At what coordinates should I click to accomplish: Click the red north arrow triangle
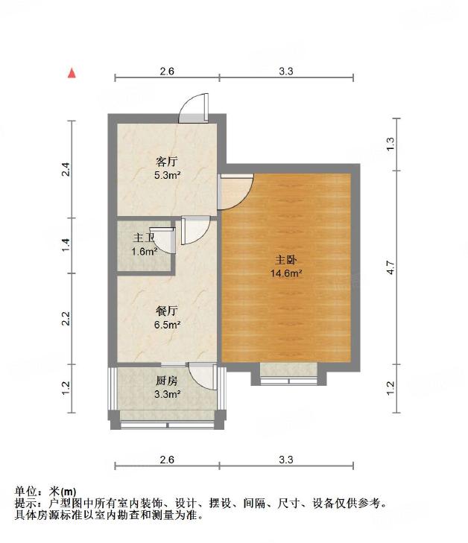point(72,73)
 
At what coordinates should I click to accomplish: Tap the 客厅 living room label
point(167,162)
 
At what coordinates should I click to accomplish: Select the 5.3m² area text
point(168,175)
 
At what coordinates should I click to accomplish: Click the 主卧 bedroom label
point(285,260)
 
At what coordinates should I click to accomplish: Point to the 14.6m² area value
point(286,273)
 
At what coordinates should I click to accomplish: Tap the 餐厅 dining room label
point(167,311)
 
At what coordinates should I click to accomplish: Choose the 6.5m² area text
point(168,325)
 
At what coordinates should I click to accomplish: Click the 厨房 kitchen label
point(167,381)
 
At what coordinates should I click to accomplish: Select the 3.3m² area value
point(168,394)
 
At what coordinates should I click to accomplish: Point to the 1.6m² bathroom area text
point(145,252)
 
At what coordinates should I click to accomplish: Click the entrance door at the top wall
point(194,109)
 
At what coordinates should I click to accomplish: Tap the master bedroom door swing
point(235,191)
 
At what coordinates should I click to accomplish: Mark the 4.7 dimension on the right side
point(390,267)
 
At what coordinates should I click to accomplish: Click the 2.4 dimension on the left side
point(66,169)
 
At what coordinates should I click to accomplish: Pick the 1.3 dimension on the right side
point(390,144)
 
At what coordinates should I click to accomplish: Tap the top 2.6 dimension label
point(167,71)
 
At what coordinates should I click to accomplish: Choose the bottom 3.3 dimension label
point(286,460)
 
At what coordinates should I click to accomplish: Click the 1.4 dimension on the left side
point(66,245)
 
